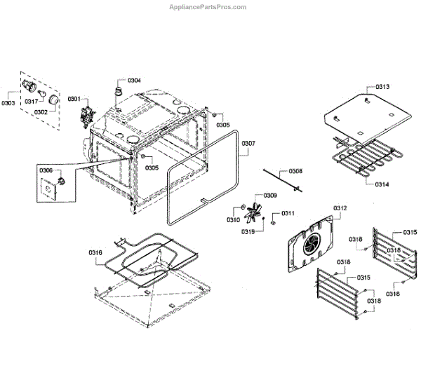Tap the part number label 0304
[134, 81]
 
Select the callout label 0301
[74, 99]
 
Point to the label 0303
[8, 103]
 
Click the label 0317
[31, 102]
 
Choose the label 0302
[40, 111]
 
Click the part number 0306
[46, 170]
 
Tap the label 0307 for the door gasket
[248, 144]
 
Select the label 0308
[296, 171]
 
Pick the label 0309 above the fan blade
[270, 195]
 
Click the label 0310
[233, 220]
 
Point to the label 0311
[288, 213]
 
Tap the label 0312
[340, 208]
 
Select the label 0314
[382, 184]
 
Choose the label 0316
[95, 252]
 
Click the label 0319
[248, 231]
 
